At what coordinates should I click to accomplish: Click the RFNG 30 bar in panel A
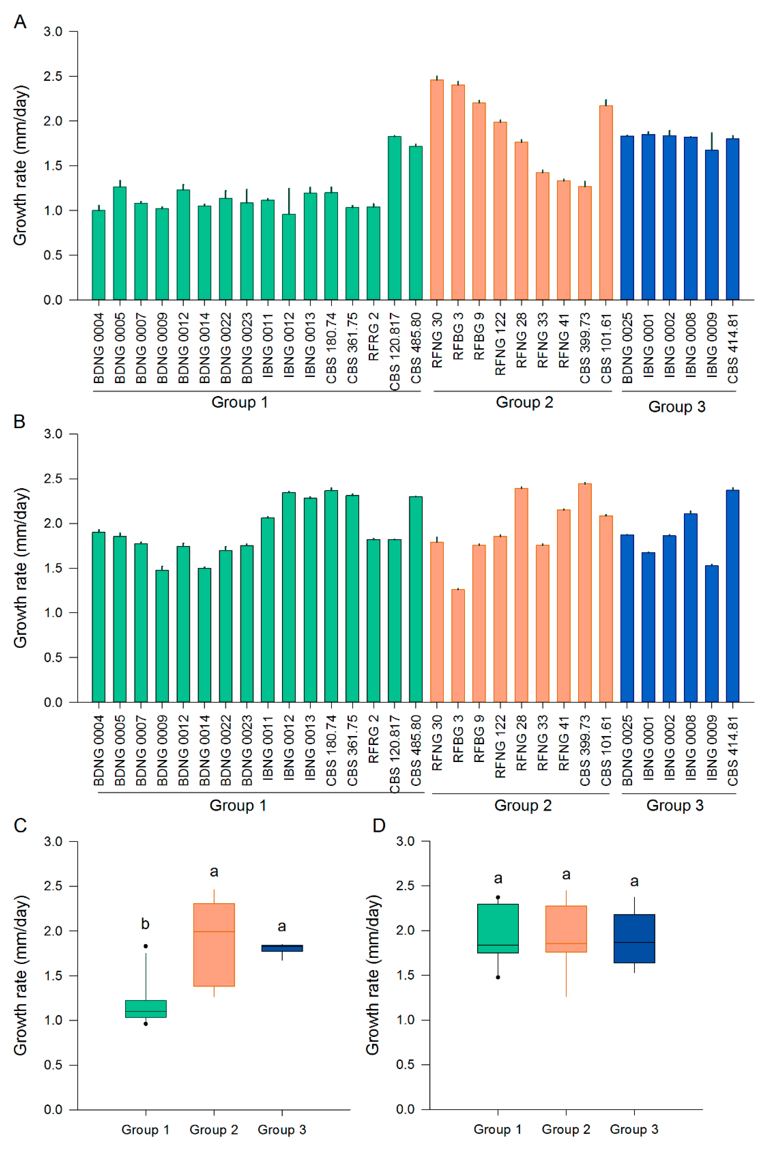pos(437,190)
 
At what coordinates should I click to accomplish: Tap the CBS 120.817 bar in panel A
pos(394,218)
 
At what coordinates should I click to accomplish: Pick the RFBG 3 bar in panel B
pos(458,646)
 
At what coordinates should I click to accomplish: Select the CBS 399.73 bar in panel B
pos(585,593)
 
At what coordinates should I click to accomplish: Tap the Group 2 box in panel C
pos(214,945)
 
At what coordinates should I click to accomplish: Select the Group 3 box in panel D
pos(634,939)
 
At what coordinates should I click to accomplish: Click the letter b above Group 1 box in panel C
pos(145,924)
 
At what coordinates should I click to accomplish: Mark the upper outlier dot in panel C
pos(146,946)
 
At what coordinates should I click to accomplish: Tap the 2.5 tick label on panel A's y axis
pos(53,76)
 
